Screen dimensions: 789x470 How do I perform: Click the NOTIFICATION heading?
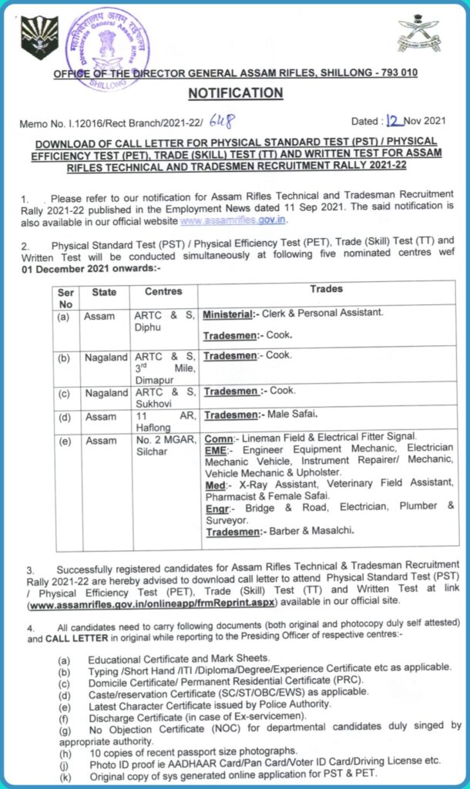point(236,93)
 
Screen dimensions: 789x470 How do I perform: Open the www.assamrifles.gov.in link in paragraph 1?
point(233,220)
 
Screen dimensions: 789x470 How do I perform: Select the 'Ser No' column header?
point(65,298)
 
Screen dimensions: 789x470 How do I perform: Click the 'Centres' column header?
point(163,292)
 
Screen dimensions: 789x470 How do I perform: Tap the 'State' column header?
point(104,292)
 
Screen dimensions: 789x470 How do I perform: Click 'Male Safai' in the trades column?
point(291,415)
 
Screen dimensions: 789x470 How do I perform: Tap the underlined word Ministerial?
point(230,314)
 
